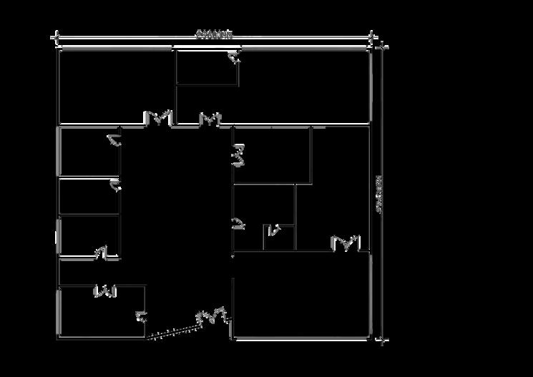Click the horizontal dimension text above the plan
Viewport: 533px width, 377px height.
(214, 34)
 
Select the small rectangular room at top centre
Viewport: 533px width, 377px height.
(207, 68)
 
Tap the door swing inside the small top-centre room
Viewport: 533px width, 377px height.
(235, 60)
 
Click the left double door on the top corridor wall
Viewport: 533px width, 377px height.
(158, 118)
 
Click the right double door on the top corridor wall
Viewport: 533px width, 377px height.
(210, 118)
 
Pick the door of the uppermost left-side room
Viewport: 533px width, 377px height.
(114, 139)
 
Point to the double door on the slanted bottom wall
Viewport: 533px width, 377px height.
(212, 315)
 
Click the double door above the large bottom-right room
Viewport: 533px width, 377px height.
(346, 244)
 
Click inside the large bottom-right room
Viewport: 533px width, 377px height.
(301, 293)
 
